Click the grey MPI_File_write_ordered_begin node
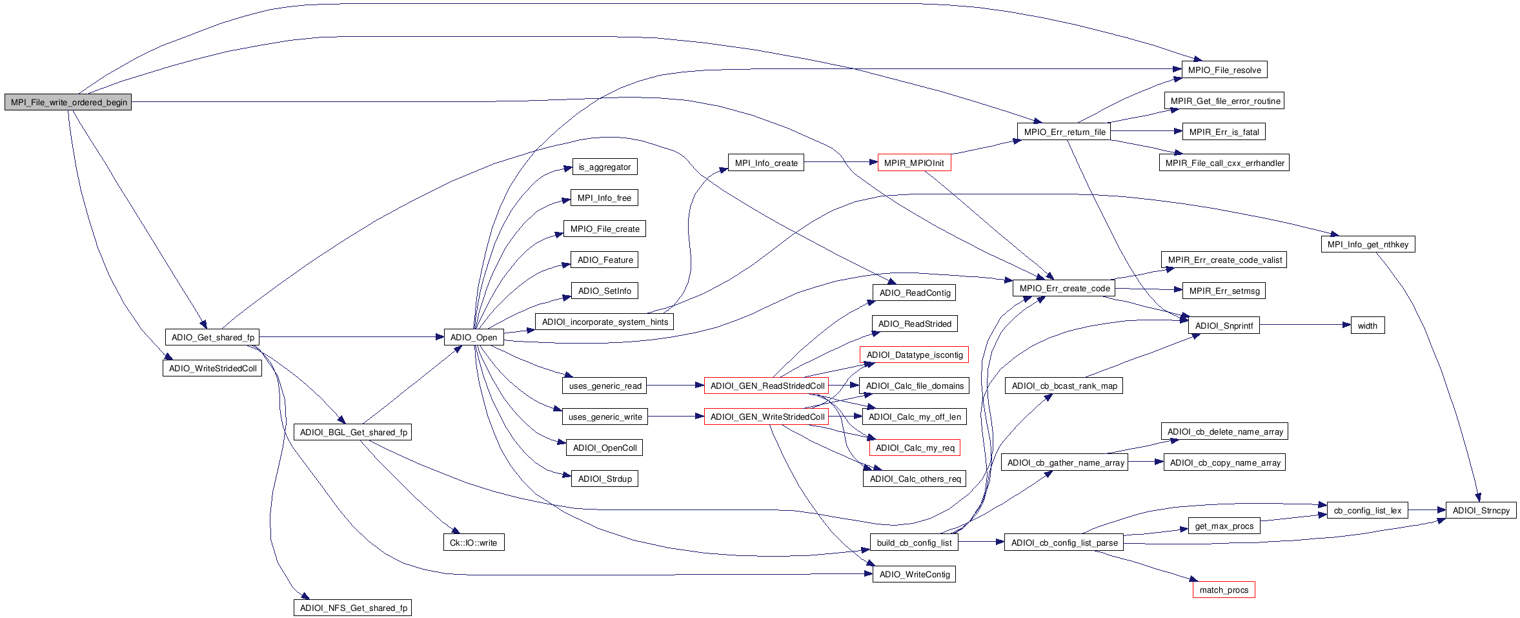click(x=68, y=102)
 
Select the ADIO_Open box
click(x=473, y=337)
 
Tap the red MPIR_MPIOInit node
click(x=913, y=163)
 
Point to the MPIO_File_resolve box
click(x=1224, y=70)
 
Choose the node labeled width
click(x=1367, y=325)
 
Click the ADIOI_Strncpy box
click(x=1481, y=510)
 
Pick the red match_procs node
click(x=1223, y=590)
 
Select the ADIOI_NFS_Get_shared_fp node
click(x=353, y=608)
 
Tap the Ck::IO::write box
click(x=473, y=542)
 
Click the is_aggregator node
click(x=604, y=167)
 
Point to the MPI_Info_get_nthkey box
click(x=1368, y=244)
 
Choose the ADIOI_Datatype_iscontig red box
click(x=914, y=355)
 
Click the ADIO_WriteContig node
click(x=914, y=574)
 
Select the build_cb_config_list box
click(x=914, y=542)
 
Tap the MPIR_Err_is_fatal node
click(x=1224, y=132)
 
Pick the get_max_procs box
click(x=1224, y=526)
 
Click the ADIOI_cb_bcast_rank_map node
click(x=1064, y=386)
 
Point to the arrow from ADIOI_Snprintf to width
click(x=1304, y=325)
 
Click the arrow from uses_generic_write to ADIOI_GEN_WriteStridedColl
click(x=675, y=417)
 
